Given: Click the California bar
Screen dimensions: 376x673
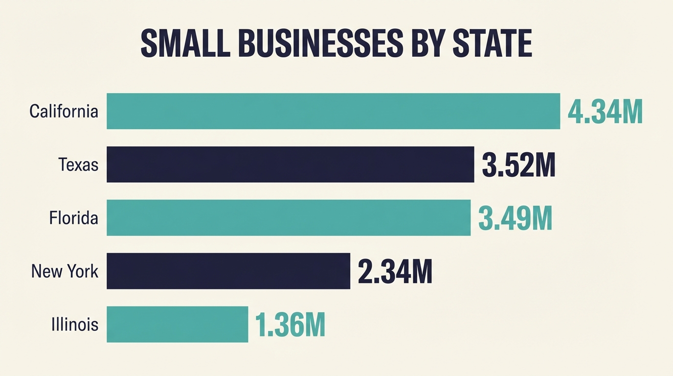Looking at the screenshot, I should pos(333,111).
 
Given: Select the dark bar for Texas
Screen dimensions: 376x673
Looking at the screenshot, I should pos(290,164).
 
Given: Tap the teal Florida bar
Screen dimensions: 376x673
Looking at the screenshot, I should pos(289,218).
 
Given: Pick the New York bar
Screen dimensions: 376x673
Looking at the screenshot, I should pos(228,271).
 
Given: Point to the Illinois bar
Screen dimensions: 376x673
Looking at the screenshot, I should pos(177,324).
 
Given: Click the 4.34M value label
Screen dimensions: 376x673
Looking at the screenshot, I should pos(605,112).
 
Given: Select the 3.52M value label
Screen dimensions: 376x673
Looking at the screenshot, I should pos(518,165).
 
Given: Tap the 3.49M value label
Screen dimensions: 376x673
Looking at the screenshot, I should pos(515,219).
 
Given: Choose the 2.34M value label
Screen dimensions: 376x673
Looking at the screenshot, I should pos(395,272).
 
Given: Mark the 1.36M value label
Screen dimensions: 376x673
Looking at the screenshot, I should pos(290,326).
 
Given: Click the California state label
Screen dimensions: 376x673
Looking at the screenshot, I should pos(64,112).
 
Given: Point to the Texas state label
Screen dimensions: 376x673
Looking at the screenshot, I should pos(78,165).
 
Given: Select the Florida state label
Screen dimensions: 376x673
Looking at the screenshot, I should pos(73,218).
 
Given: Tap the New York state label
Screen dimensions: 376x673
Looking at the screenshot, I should pos(65,271).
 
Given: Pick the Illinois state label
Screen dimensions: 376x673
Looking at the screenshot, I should pos(75,325).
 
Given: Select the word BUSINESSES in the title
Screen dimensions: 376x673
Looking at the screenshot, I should pos(320,44).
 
